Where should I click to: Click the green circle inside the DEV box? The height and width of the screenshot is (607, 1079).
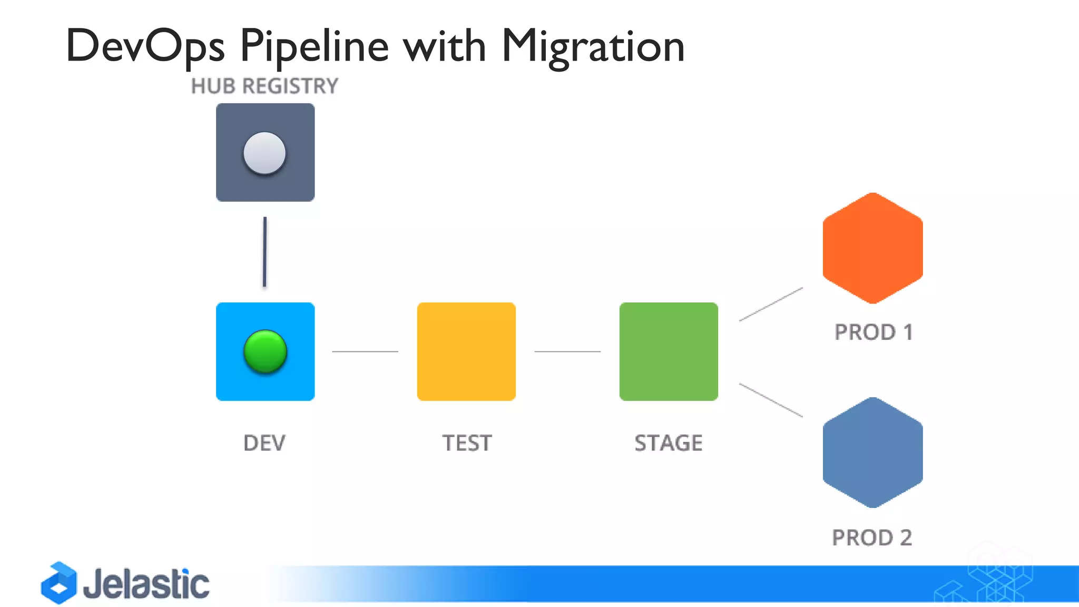point(265,351)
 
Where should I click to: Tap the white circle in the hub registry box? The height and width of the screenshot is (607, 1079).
point(264,153)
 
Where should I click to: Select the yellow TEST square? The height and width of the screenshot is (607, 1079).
point(466,351)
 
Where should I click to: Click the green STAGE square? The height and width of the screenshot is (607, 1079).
point(669,351)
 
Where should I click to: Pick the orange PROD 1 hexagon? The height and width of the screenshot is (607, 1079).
point(872,248)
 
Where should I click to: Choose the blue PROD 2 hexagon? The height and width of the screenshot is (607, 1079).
point(872,453)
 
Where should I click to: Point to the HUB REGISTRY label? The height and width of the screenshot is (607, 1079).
point(264,86)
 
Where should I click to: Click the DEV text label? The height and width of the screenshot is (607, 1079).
point(264,443)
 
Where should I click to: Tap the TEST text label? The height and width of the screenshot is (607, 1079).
point(467,443)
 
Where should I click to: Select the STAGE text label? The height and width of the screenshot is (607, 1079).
point(669,443)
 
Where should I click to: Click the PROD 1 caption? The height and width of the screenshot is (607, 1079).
point(874,332)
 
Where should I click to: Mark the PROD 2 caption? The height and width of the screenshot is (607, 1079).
point(872,538)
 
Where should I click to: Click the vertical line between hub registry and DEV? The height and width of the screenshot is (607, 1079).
point(264,252)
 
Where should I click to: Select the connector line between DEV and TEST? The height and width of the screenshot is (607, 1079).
point(365,351)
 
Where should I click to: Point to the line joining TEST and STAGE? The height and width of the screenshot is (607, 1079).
point(567,351)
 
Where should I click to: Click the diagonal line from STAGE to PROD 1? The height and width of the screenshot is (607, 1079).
point(771,304)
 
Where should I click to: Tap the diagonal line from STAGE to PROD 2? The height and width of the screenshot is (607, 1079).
point(771,400)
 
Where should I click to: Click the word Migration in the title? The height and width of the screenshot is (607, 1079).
point(593,46)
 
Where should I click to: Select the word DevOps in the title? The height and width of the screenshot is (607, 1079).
point(145,46)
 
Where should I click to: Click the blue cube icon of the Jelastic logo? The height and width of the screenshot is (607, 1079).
point(59,583)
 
